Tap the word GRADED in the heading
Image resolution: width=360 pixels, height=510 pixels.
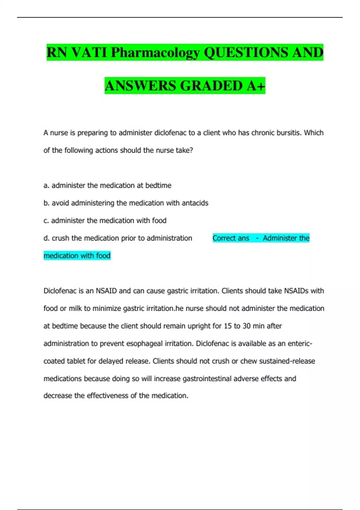click(211, 86)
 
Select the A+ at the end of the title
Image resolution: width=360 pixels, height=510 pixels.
click(256, 86)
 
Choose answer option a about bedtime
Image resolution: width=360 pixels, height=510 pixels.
click(107, 185)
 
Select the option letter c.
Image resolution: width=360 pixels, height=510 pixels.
click(46, 221)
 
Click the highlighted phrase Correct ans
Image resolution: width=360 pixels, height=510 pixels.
click(231, 238)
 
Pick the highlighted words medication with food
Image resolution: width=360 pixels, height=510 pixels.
click(77, 256)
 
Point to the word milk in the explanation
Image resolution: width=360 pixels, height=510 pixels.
click(75, 308)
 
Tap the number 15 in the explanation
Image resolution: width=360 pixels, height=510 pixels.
click(228, 326)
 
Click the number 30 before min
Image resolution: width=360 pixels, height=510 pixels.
click(246, 326)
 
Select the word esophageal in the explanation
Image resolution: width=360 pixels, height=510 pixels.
click(144, 343)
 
